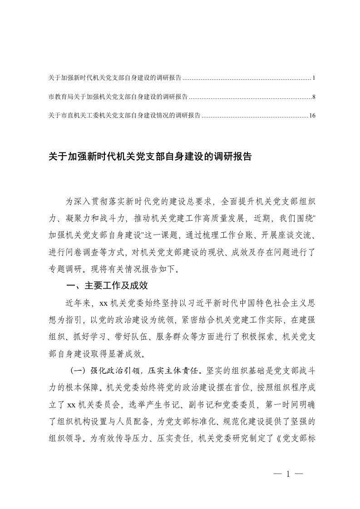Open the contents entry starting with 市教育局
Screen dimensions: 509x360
click(118, 97)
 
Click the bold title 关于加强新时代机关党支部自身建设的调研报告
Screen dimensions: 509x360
click(150, 157)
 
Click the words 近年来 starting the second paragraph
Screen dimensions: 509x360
click(80, 303)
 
